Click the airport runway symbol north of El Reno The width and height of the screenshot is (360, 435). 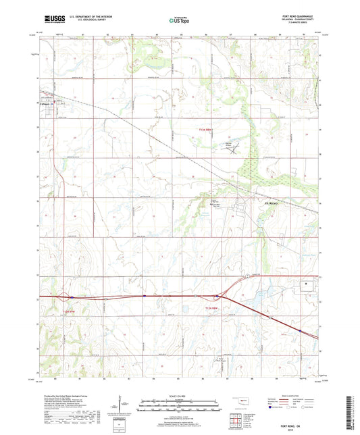tap(236, 149)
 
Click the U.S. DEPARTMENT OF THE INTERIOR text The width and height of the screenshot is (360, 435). tap(85, 17)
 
